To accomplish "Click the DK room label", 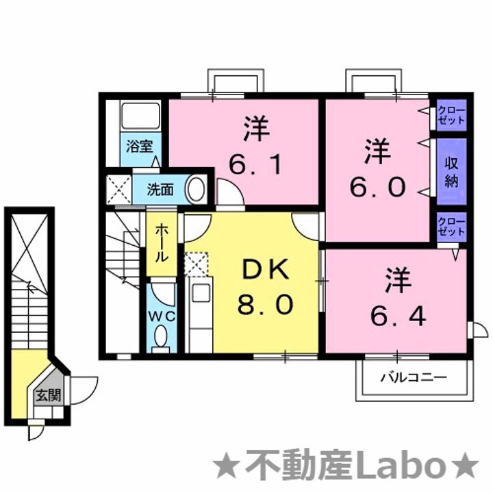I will pyautogui.click(x=265, y=271).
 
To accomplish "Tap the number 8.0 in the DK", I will pyautogui.click(x=265, y=303).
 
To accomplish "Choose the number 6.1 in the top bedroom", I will pyautogui.click(x=256, y=164).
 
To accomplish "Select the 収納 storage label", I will pyautogui.click(x=451, y=173).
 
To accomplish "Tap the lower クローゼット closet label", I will pyautogui.click(x=451, y=227).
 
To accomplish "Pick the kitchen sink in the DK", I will pyautogui.click(x=199, y=292).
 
